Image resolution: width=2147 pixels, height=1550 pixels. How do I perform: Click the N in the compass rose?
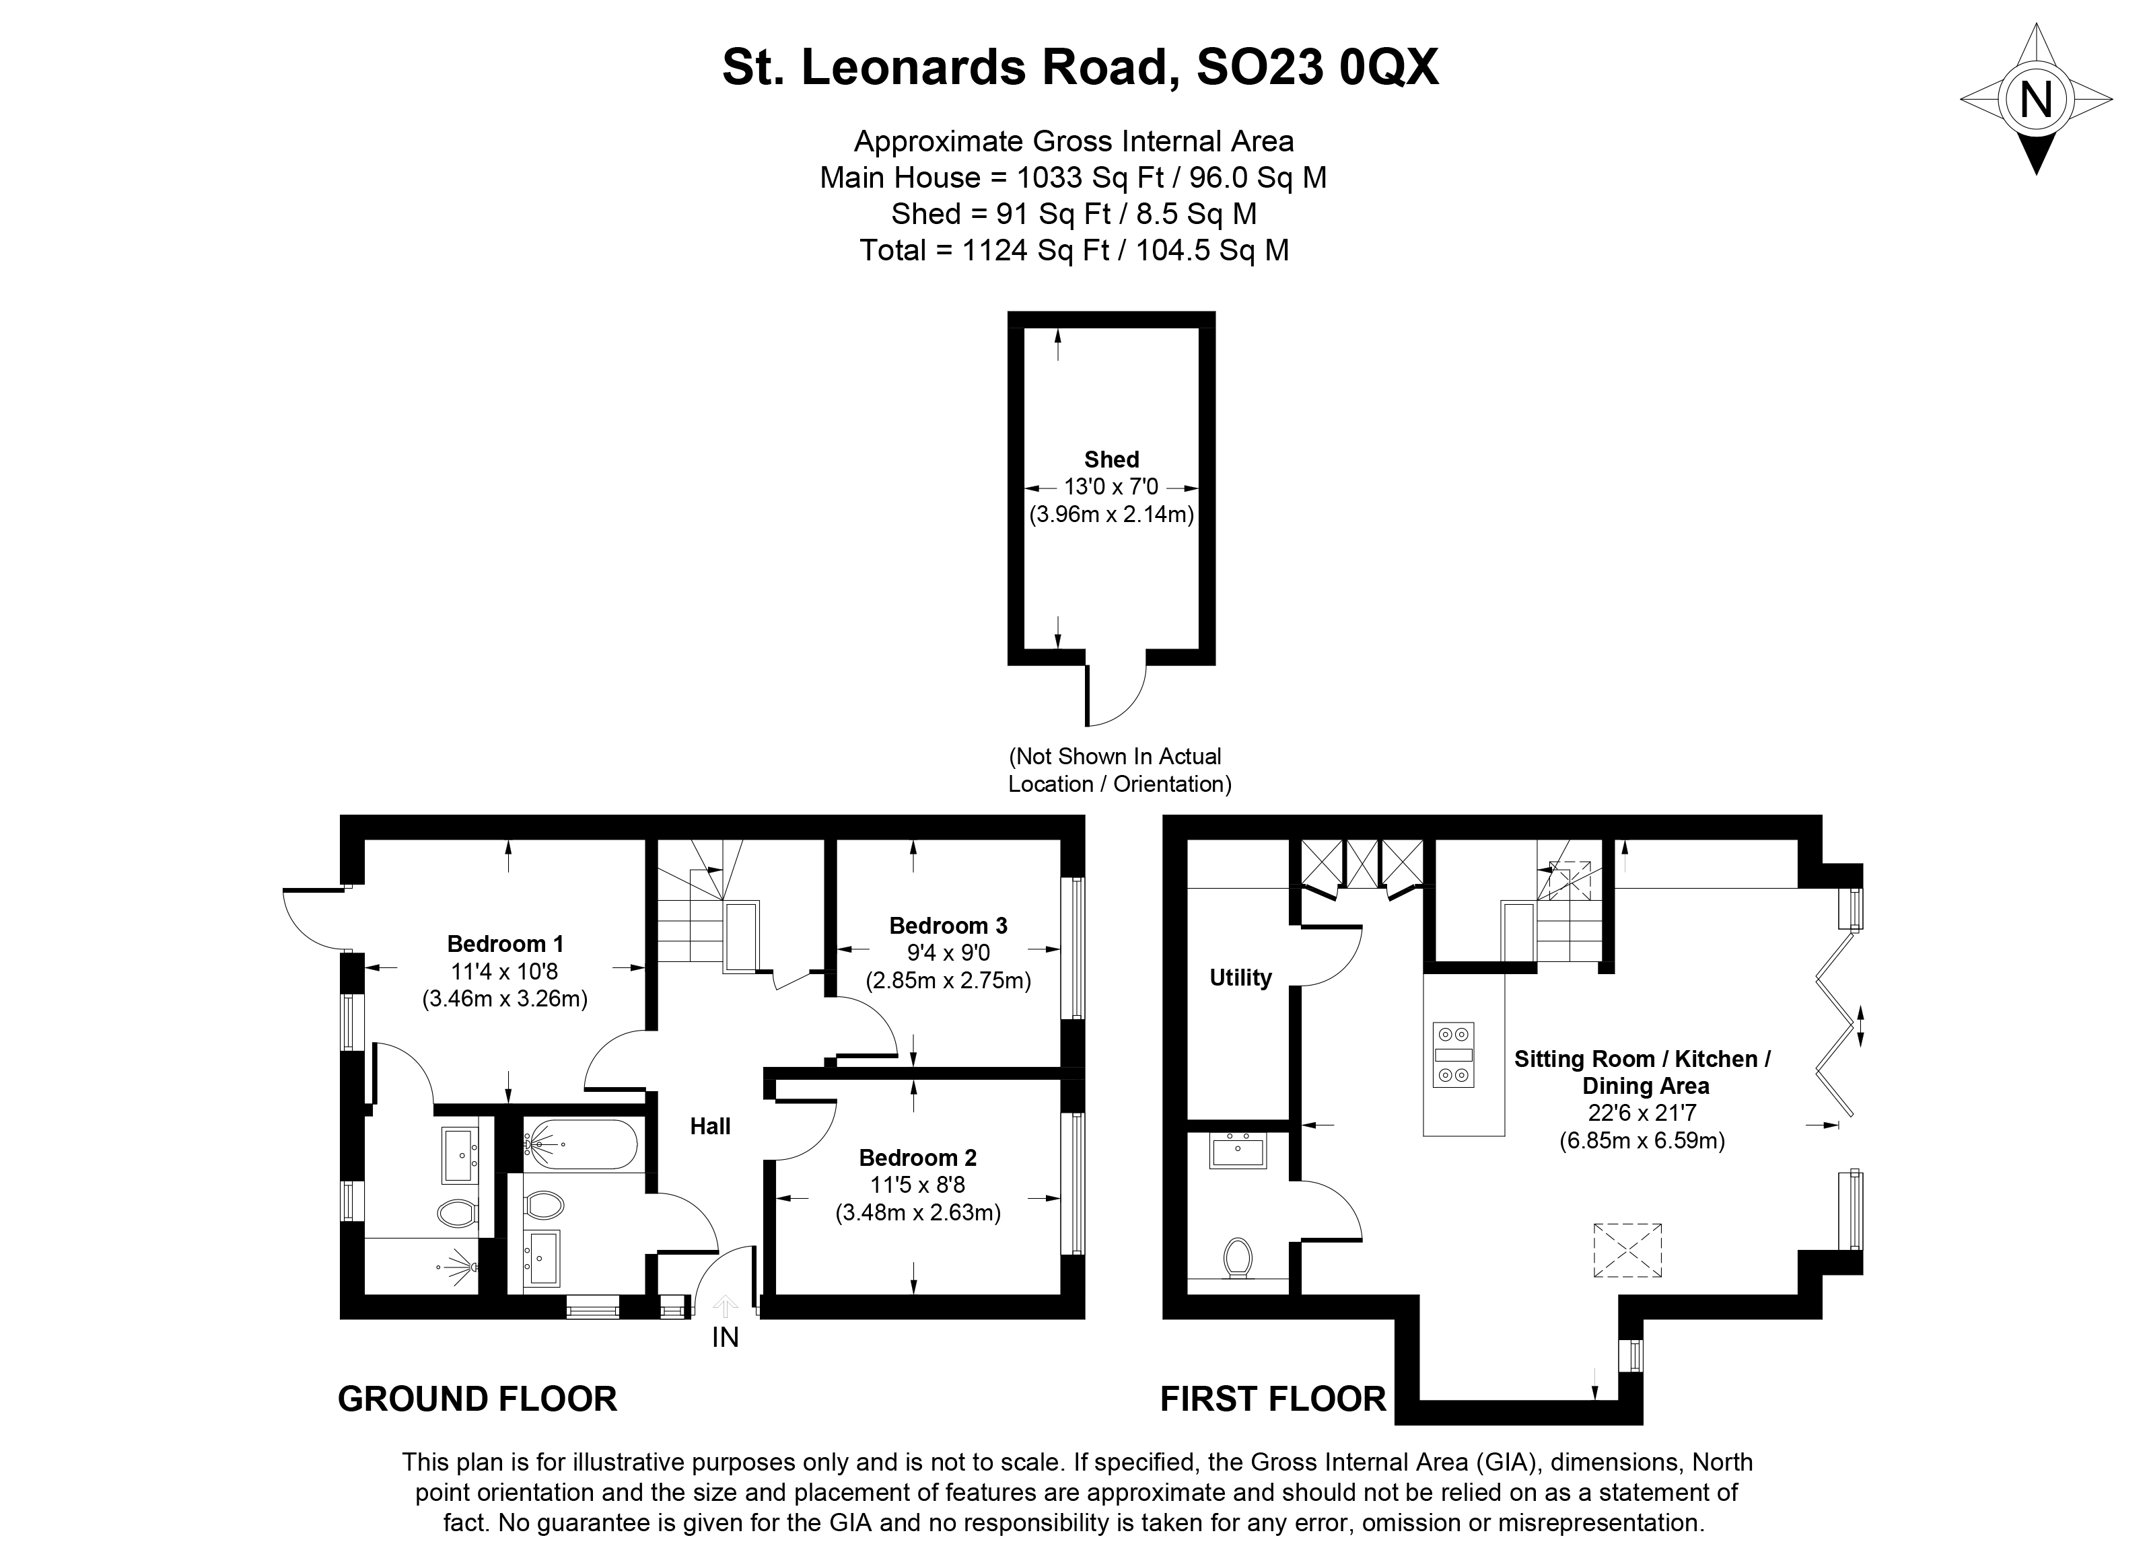(x=2035, y=98)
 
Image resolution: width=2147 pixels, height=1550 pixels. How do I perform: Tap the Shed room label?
(x=1111, y=460)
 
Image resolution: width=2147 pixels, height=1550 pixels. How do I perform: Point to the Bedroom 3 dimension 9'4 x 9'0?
(x=948, y=952)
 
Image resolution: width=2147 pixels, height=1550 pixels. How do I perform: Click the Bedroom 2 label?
(x=917, y=1157)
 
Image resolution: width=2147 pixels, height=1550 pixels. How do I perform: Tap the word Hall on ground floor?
(x=710, y=1126)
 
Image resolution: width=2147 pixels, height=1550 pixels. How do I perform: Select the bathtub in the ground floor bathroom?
(x=582, y=1146)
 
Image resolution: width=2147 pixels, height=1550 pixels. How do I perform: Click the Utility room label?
(x=1240, y=977)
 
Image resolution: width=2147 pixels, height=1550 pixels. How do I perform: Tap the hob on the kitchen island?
(x=1453, y=1055)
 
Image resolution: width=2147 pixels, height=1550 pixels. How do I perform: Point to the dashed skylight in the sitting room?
(x=1627, y=1250)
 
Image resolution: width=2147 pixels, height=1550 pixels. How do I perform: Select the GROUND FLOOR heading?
(x=477, y=1399)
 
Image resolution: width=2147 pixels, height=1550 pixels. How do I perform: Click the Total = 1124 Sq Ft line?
(x=1073, y=250)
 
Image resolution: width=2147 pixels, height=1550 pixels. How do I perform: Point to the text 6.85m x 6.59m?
(x=1642, y=1140)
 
